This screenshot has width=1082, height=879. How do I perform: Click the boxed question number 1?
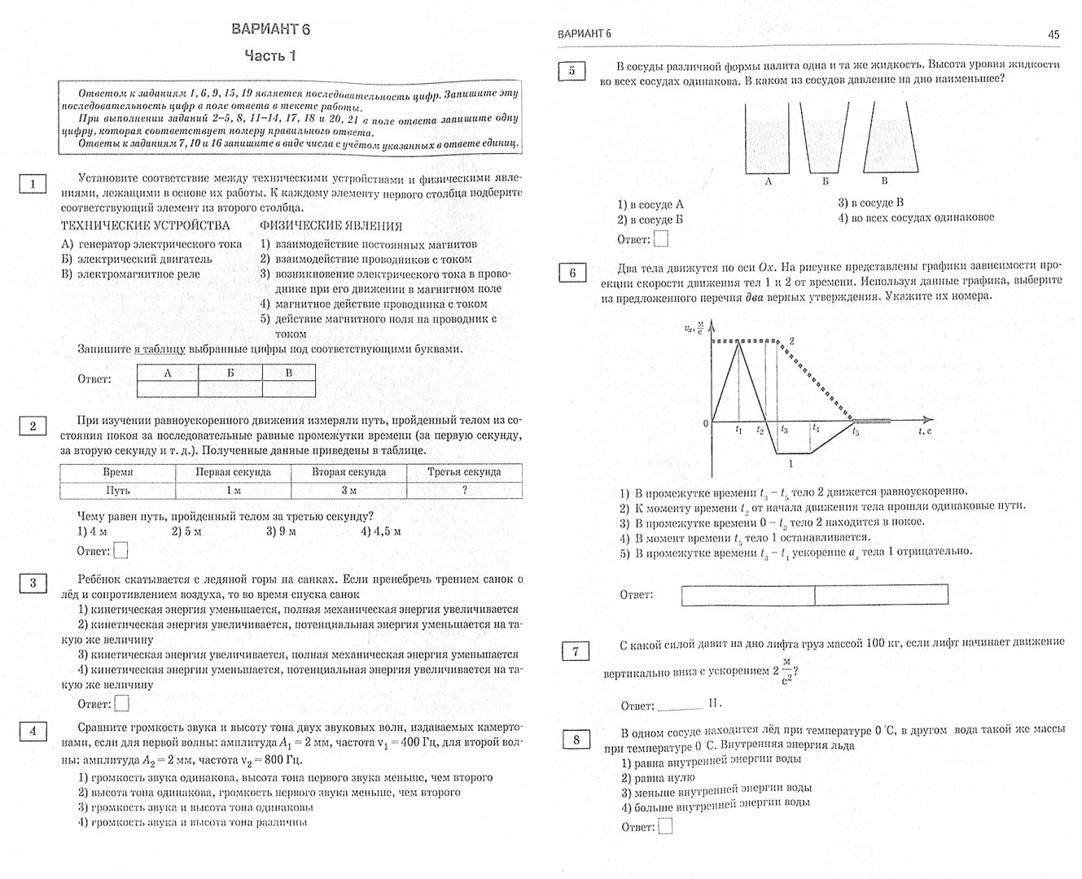tap(32, 183)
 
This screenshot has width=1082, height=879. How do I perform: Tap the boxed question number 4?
tap(32, 731)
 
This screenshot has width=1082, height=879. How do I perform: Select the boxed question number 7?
tap(576, 651)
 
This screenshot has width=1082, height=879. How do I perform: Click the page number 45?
tap(1054, 34)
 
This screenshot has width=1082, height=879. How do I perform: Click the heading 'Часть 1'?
tap(271, 56)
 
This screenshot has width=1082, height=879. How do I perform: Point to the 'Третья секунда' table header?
tap(464, 472)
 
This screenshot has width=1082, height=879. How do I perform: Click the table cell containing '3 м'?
tap(348, 490)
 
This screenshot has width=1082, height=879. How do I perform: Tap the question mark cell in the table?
tap(464, 490)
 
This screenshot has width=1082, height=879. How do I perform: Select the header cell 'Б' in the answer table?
tap(230, 373)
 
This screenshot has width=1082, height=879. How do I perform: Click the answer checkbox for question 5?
tap(661, 238)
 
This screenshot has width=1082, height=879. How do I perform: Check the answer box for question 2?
tap(120, 551)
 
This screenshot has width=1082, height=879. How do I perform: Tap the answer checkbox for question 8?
tap(665, 826)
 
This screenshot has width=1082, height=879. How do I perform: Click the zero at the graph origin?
tap(706, 424)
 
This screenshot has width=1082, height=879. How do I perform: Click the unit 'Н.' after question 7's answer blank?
tap(714, 704)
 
